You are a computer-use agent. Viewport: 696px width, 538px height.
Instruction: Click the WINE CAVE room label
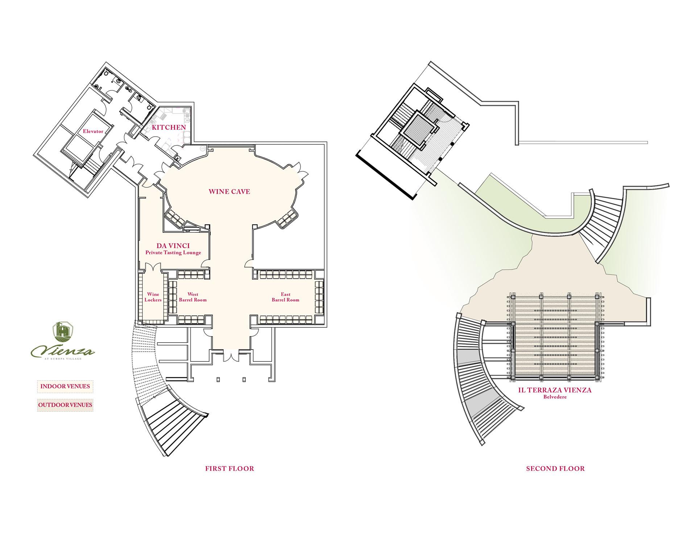(229, 191)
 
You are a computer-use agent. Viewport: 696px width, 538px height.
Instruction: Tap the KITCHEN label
(169, 127)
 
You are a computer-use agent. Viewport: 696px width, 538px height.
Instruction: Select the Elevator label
(93, 131)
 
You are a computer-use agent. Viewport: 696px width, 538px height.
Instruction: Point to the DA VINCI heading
(173, 246)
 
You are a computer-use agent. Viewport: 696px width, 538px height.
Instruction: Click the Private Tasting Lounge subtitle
(173, 253)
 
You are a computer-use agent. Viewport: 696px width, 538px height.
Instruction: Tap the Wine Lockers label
(153, 297)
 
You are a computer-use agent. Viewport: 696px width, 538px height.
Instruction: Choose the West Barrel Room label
(193, 297)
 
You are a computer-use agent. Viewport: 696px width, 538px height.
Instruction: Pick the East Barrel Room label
(285, 297)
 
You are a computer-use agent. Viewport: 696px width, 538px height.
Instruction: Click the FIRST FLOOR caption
(229, 468)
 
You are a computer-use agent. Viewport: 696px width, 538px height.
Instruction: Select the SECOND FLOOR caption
(555, 468)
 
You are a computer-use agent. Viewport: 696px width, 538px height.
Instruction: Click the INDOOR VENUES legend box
(65, 386)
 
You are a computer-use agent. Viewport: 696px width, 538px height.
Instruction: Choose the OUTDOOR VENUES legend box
(65, 405)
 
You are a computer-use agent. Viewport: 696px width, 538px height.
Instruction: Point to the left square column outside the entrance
(218, 380)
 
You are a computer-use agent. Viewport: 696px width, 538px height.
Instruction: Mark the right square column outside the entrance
(244, 380)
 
